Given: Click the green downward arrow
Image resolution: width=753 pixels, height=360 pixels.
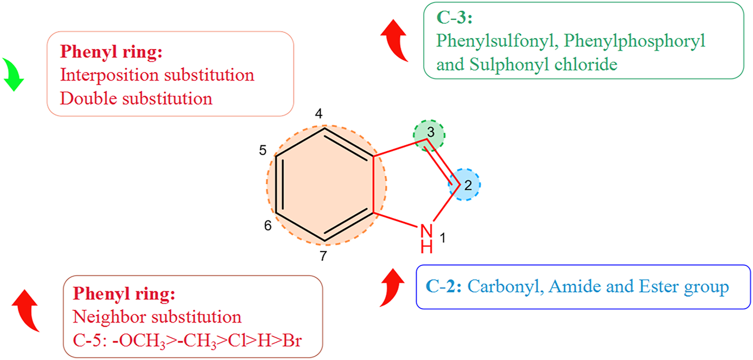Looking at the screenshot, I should (x=13, y=74).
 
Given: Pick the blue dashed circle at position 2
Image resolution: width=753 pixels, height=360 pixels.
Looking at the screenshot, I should (x=465, y=185).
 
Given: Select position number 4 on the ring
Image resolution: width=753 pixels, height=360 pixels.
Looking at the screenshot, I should (x=318, y=115).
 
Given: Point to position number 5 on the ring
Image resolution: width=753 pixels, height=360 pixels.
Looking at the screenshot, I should (x=262, y=151).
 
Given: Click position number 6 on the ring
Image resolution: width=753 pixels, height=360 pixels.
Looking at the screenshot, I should (x=268, y=226).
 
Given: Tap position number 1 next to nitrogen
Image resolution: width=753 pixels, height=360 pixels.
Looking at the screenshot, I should (x=443, y=237).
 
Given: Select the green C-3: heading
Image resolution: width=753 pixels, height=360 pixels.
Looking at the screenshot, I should (x=454, y=18).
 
